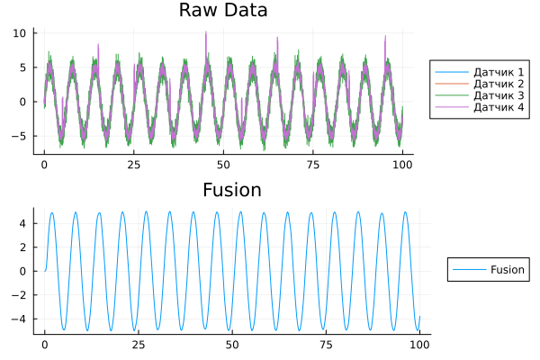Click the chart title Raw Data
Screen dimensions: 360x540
(223, 11)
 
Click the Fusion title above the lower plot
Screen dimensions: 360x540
(232, 190)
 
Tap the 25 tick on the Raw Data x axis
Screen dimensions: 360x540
(133, 166)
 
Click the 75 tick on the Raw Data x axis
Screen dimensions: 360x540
(313, 166)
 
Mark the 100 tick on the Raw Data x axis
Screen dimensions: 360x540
(403, 166)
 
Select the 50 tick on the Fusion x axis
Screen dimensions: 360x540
(232, 346)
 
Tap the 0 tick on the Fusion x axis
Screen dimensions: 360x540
(44, 346)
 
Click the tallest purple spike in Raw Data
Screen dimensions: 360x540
(206, 33)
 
